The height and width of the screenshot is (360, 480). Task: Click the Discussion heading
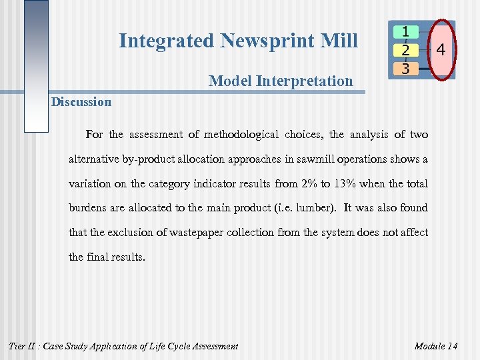coord(81,102)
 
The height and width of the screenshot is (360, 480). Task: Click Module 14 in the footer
coord(435,346)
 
